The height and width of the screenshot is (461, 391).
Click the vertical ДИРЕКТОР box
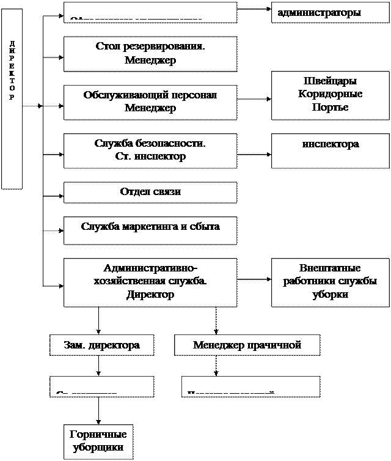12,98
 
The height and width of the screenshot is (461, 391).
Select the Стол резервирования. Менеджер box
150,54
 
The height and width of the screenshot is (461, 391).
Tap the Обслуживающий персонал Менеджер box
150,101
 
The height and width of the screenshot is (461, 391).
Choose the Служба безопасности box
150,150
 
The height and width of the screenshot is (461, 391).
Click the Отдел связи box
150,192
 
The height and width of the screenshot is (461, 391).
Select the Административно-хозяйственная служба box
150,282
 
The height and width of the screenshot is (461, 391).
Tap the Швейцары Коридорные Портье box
331,95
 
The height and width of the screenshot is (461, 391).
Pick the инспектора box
331,150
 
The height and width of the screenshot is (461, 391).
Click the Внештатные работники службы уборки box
331,282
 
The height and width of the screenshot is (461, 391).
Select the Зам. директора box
101,345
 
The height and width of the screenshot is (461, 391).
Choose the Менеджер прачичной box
247,345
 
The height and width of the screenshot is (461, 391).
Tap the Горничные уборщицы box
98,441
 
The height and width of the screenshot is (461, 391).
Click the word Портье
331,107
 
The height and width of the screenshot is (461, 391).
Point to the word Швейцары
331,81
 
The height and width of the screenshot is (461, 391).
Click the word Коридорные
331,94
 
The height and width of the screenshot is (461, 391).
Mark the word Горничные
98,435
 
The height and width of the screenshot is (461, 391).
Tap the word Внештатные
331,268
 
